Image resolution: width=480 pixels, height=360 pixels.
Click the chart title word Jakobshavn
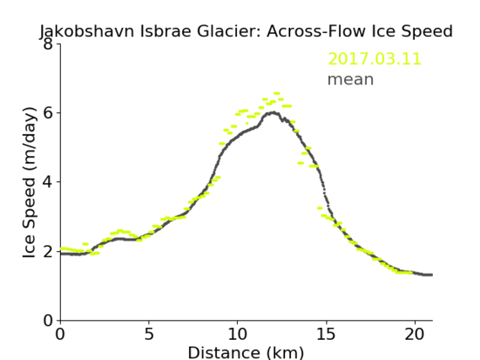(x=87, y=31)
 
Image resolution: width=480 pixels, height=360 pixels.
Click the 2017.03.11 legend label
(x=375, y=58)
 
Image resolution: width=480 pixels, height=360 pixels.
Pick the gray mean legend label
(x=351, y=80)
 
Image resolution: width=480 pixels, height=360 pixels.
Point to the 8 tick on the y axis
(x=48, y=44)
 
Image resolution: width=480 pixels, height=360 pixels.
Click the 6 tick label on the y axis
(x=48, y=113)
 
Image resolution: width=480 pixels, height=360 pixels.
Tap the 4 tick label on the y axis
(x=48, y=182)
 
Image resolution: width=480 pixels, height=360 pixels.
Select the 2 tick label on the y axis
(x=48, y=251)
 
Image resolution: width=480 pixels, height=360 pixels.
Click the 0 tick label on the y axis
(x=48, y=320)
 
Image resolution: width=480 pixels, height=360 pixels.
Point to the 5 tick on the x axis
(x=148, y=334)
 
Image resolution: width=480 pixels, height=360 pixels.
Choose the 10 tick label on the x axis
(x=238, y=334)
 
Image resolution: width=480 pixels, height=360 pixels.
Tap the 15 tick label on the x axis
(x=326, y=334)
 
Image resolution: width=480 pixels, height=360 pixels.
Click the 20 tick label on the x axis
(x=415, y=334)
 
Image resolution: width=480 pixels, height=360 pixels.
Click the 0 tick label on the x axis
(x=60, y=334)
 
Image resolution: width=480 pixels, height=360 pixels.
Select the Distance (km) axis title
(x=245, y=352)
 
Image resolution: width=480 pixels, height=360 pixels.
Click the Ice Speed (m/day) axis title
(x=29, y=183)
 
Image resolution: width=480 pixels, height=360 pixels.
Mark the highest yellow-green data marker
(x=277, y=94)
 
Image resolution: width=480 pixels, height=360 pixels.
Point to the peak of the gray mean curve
(x=273, y=113)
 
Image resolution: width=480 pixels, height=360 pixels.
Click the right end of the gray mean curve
(x=432, y=275)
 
